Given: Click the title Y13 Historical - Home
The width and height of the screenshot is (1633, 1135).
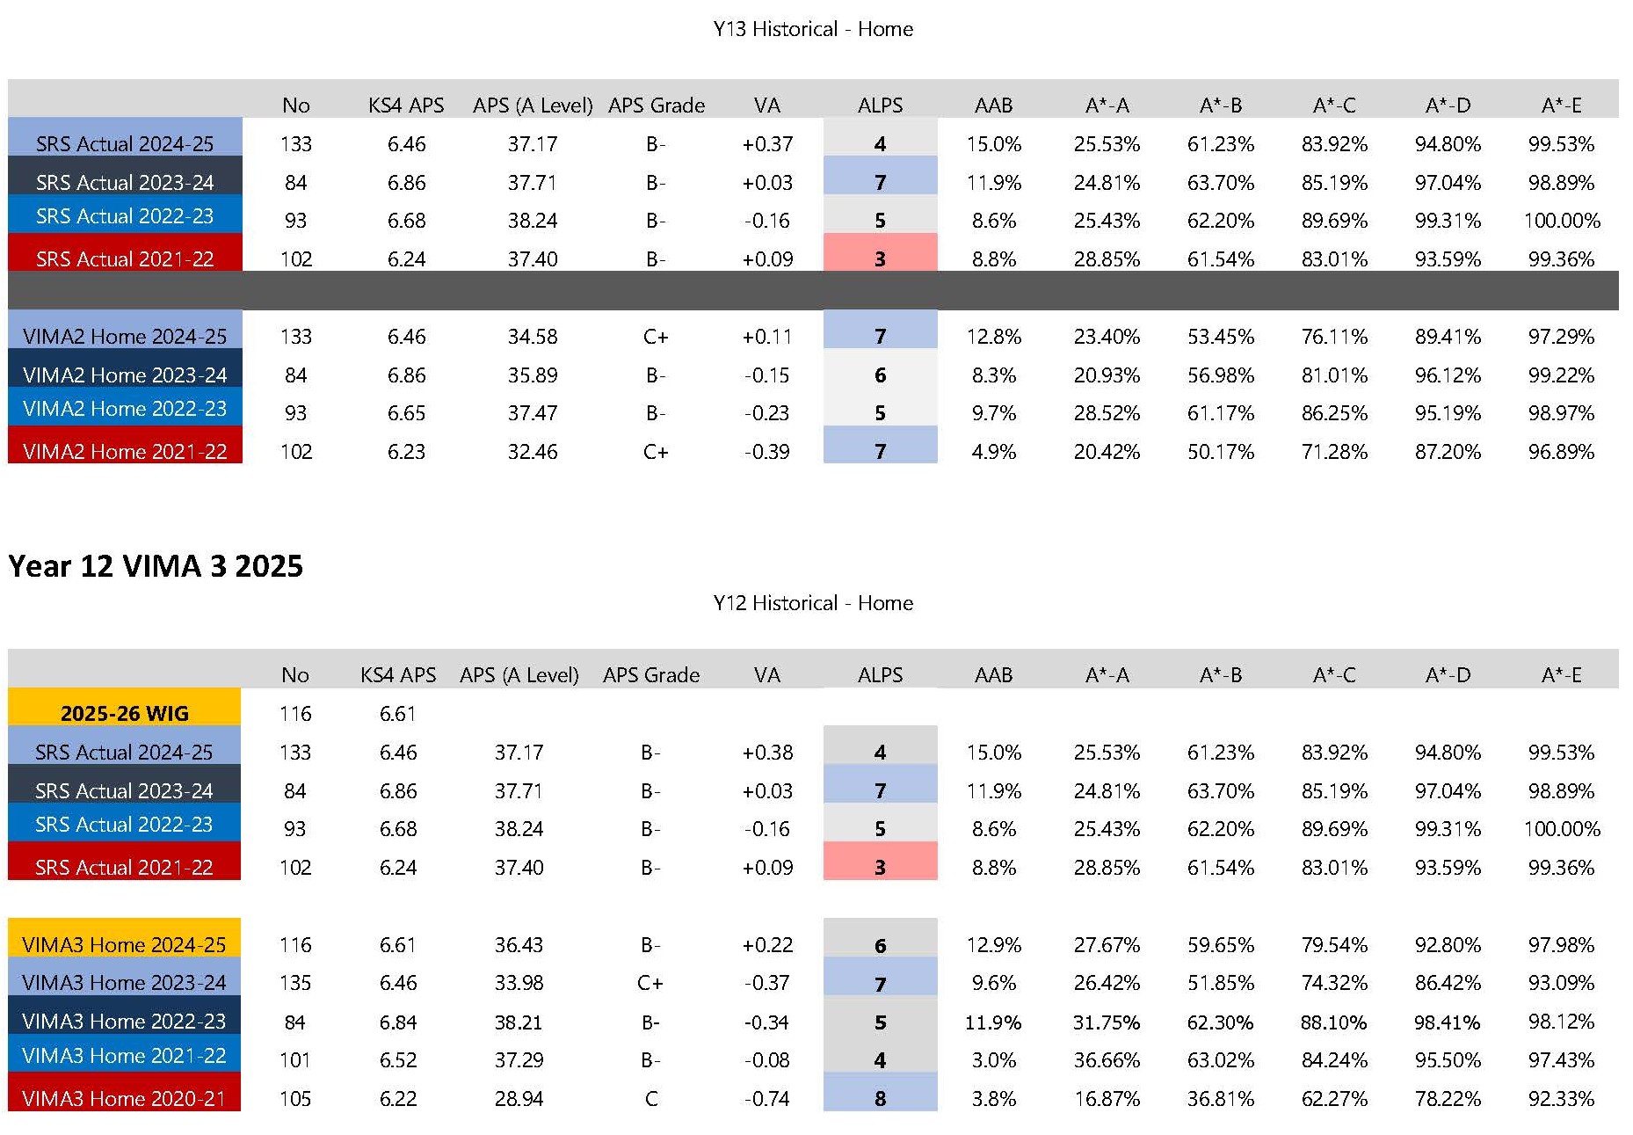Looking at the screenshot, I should tap(813, 29).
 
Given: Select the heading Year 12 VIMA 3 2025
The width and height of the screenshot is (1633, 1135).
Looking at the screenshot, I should tap(156, 565).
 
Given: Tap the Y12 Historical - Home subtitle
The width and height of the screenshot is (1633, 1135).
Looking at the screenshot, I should tap(813, 603).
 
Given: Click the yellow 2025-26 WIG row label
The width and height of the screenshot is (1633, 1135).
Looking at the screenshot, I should tap(124, 713).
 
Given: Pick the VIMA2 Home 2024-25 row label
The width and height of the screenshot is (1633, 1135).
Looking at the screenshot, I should tap(124, 336).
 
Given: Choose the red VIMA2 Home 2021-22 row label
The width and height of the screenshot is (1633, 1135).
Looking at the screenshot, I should tap(124, 451).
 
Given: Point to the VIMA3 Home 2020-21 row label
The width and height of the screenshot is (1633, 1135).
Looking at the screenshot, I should tap(124, 1098).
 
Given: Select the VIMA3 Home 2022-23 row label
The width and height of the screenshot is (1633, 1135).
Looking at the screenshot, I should tap(124, 1021).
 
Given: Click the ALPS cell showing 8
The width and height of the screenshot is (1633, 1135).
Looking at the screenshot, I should tap(880, 1098).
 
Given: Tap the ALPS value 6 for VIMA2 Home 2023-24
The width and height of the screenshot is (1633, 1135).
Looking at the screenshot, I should tap(880, 375).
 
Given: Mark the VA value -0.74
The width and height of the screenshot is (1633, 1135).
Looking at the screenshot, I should tap(766, 1098).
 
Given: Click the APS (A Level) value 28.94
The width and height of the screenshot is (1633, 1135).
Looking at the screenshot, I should tap(519, 1098).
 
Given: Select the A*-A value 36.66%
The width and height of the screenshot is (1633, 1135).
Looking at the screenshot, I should tap(1107, 1059).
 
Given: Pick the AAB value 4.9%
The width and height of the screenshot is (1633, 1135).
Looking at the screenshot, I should tap(993, 451).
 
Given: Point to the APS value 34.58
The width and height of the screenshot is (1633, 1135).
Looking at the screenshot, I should tap(532, 336).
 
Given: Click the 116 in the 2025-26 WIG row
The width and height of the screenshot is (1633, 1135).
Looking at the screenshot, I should tap(295, 713).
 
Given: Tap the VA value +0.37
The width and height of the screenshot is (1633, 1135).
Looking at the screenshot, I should tap(766, 143).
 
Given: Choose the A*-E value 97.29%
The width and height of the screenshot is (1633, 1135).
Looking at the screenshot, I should tap(1561, 336).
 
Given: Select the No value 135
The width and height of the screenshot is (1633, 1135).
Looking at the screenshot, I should tap(295, 982).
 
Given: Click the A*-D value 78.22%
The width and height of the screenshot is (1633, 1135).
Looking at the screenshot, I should tap(1448, 1098).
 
